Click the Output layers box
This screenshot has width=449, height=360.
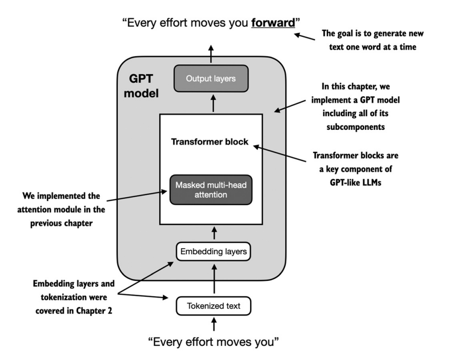[211, 79]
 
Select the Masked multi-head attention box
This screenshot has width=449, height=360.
[211, 190]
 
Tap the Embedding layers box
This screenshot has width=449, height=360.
[213, 252]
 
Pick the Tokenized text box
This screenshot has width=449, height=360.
[213, 306]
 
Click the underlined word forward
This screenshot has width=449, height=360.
[273, 23]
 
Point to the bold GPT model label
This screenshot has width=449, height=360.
[141, 86]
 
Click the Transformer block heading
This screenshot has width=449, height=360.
[209, 142]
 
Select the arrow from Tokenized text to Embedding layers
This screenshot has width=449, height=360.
[214, 279]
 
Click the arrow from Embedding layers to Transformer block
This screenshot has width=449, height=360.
[214, 233]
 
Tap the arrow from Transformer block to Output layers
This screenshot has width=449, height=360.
[213, 103]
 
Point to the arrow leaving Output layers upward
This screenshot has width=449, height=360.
[211, 54]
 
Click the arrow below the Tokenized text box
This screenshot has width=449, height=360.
[214, 324]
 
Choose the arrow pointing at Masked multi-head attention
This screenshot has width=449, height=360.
[137, 196]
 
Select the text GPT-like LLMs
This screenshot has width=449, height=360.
[356, 183]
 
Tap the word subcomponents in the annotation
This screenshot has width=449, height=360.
[356, 127]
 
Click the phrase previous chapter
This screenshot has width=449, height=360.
[61, 223]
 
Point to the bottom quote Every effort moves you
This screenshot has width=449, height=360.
[213, 342]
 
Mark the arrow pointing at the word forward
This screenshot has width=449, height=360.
[305, 37]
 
